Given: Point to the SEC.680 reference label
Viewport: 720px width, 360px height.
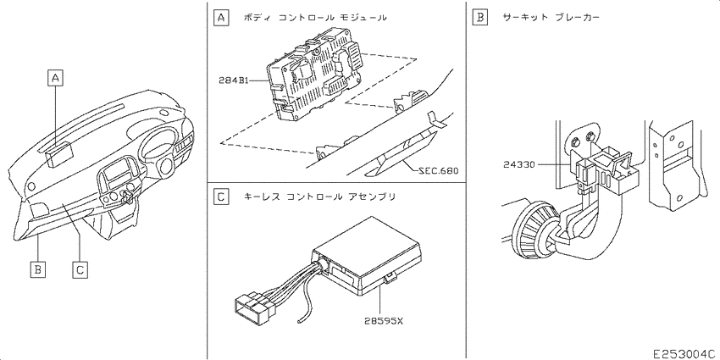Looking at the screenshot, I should click(438, 170).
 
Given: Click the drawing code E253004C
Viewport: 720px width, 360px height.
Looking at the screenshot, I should click(684, 352).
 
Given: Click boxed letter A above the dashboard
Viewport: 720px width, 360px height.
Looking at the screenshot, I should click(55, 78).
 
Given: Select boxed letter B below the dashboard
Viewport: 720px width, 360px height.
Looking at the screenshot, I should click(37, 269).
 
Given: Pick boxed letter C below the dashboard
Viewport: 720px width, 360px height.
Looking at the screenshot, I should click(79, 269).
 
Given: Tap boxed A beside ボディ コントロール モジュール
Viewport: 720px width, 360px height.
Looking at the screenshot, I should click(221, 16).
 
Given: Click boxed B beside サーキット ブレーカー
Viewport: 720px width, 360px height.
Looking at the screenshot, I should click(480, 16).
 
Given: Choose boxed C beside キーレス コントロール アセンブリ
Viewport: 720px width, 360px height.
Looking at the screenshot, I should click(221, 197).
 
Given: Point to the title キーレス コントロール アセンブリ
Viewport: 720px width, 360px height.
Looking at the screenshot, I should click(318, 197).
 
